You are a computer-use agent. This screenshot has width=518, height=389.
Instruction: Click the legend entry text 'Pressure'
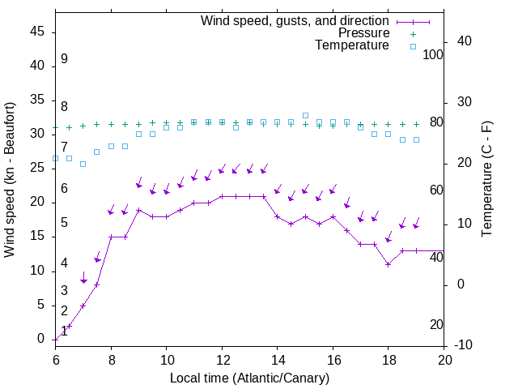pyautogui.click(x=364, y=33)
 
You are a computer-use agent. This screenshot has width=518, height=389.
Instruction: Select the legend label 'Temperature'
pyautogui.click(x=352, y=45)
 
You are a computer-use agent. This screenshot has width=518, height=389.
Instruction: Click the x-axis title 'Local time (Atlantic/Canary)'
pyautogui.click(x=250, y=378)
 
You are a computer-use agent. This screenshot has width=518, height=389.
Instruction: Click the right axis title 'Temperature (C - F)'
pyautogui.click(x=486, y=180)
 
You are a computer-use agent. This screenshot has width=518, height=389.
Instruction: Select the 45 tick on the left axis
pyautogui.click(x=36, y=32)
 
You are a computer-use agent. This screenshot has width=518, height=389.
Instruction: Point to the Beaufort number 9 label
pyautogui.click(x=64, y=59)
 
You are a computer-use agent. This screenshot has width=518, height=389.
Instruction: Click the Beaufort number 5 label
pyautogui.click(x=64, y=223)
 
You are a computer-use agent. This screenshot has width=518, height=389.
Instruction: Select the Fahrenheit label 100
pyautogui.click(x=433, y=55)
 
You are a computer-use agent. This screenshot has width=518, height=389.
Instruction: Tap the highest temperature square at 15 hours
pyautogui.click(x=305, y=115)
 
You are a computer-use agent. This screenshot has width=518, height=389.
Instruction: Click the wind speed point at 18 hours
pyautogui.click(x=388, y=264)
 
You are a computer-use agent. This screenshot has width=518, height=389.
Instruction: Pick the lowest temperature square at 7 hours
pyautogui.click(x=83, y=164)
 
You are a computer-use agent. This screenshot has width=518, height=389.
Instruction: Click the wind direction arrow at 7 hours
pyautogui.click(x=83, y=278)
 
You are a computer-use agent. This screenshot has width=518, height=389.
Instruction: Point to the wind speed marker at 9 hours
pyautogui.click(x=138, y=210)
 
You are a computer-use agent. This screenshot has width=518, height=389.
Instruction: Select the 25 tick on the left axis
pyautogui.click(x=36, y=169)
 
